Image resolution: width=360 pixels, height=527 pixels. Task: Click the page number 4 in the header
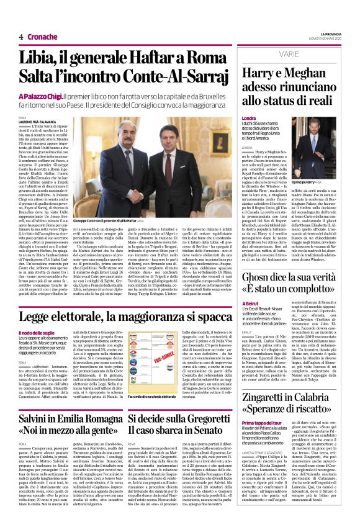(21, 37)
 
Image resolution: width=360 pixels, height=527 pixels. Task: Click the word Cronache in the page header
(42, 37)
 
